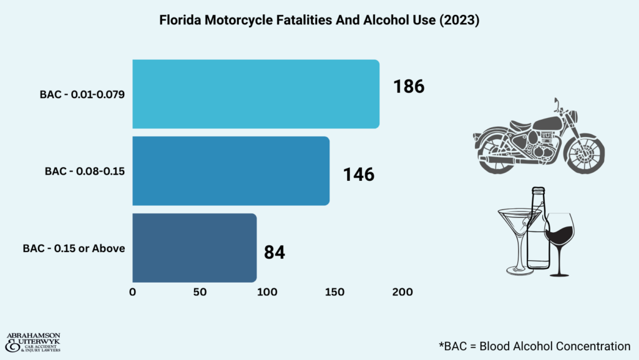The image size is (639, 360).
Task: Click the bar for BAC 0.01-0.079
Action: coord(256,94)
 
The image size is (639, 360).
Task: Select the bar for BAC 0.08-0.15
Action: coord(231,171)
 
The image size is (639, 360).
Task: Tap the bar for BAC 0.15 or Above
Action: coord(194,248)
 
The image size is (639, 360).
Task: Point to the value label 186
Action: coord(409,86)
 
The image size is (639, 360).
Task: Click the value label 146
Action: coord(359,174)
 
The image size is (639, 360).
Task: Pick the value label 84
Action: coord(275,253)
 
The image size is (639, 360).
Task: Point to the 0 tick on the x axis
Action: coord(132,292)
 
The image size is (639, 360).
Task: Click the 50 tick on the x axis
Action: coord(199,292)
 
